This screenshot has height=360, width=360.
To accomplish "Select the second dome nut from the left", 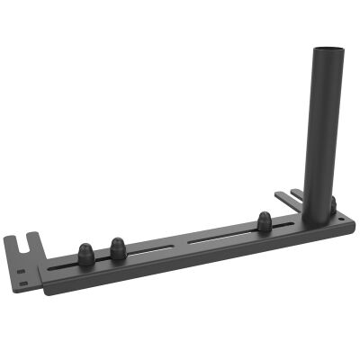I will (x=117, y=246).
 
